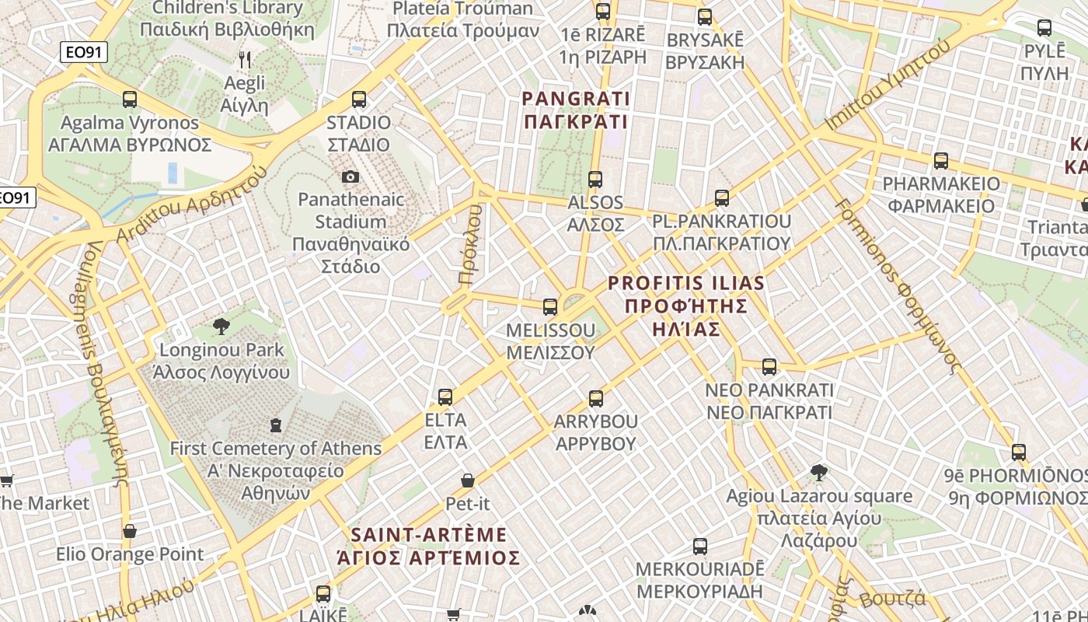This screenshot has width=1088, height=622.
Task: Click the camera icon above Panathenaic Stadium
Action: point(350,177)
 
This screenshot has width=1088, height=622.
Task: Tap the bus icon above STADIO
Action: point(358,100)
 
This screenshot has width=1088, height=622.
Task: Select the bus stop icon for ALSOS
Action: point(595,180)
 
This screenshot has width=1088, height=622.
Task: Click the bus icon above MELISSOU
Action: point(550,307)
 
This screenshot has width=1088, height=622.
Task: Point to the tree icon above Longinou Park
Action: point(221,327)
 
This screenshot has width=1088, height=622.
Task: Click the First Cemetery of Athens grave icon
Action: point(275,425)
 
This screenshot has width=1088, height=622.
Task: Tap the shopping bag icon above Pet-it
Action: point(468,481)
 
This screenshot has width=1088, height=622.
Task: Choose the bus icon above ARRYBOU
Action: point(596,399)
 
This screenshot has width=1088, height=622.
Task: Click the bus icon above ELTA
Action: point(445,397)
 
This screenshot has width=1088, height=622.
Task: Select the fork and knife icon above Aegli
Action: point(245,60)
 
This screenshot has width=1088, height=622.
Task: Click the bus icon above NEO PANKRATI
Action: point(769,367)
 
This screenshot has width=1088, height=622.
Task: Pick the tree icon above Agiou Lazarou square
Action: point(818,473)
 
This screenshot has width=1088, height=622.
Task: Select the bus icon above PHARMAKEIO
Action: point(941,162)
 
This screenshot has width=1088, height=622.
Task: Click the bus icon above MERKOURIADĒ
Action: point(700,547)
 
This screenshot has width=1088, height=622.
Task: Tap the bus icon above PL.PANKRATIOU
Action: point(722,198)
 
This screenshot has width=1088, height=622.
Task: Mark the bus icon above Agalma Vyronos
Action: point(130,100)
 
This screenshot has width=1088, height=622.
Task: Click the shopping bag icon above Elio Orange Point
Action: point(130,532)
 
